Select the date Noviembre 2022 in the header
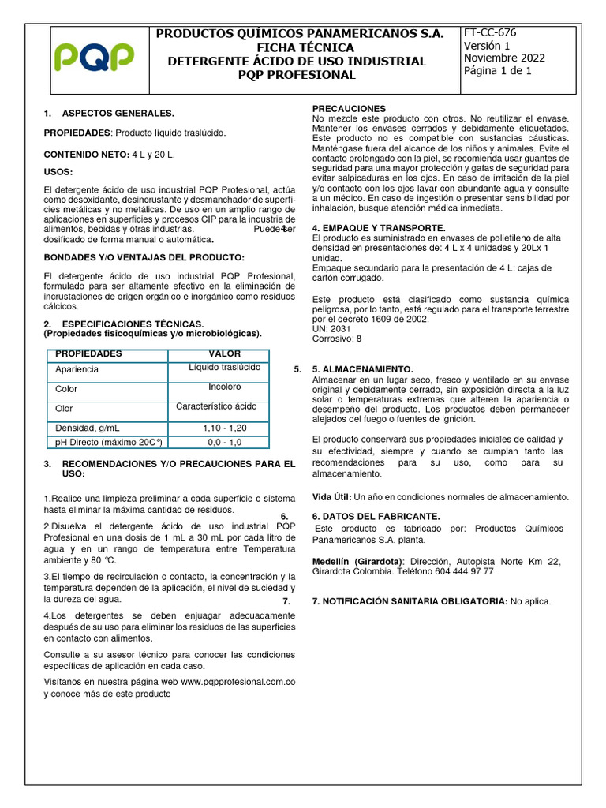[x=503, y=58]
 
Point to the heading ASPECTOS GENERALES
[x=118, y=114]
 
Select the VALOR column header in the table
[x=225, y=353]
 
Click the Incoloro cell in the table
[x=225, y=387]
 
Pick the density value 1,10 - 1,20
[x=225, y=428]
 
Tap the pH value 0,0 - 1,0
[x=225, y=443]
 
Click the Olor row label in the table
[x=64, y=409]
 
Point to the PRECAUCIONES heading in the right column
[x=349, y=108]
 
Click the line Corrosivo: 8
[x=337, y=338]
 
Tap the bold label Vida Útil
[x=331, y=497]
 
